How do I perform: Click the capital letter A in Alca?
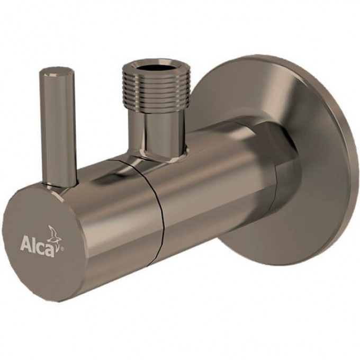pos(25,244)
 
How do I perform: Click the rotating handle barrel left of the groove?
pos(116,222)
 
